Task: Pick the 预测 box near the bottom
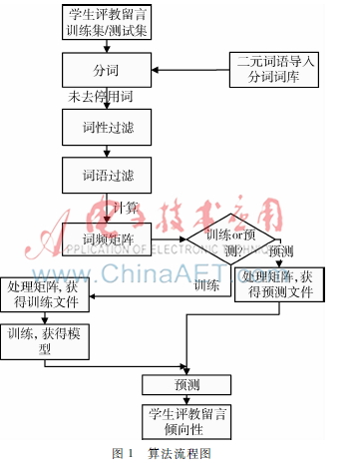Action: [186, 384]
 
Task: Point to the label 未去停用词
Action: [100, 98]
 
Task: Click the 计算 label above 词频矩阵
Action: [125, 208]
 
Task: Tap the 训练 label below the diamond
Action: [206, 286]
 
